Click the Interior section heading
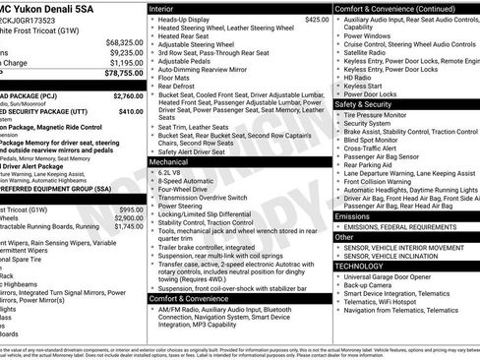[x=162, y=7]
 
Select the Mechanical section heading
[x=167, y=160]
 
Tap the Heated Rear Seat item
[x=188, y=35]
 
